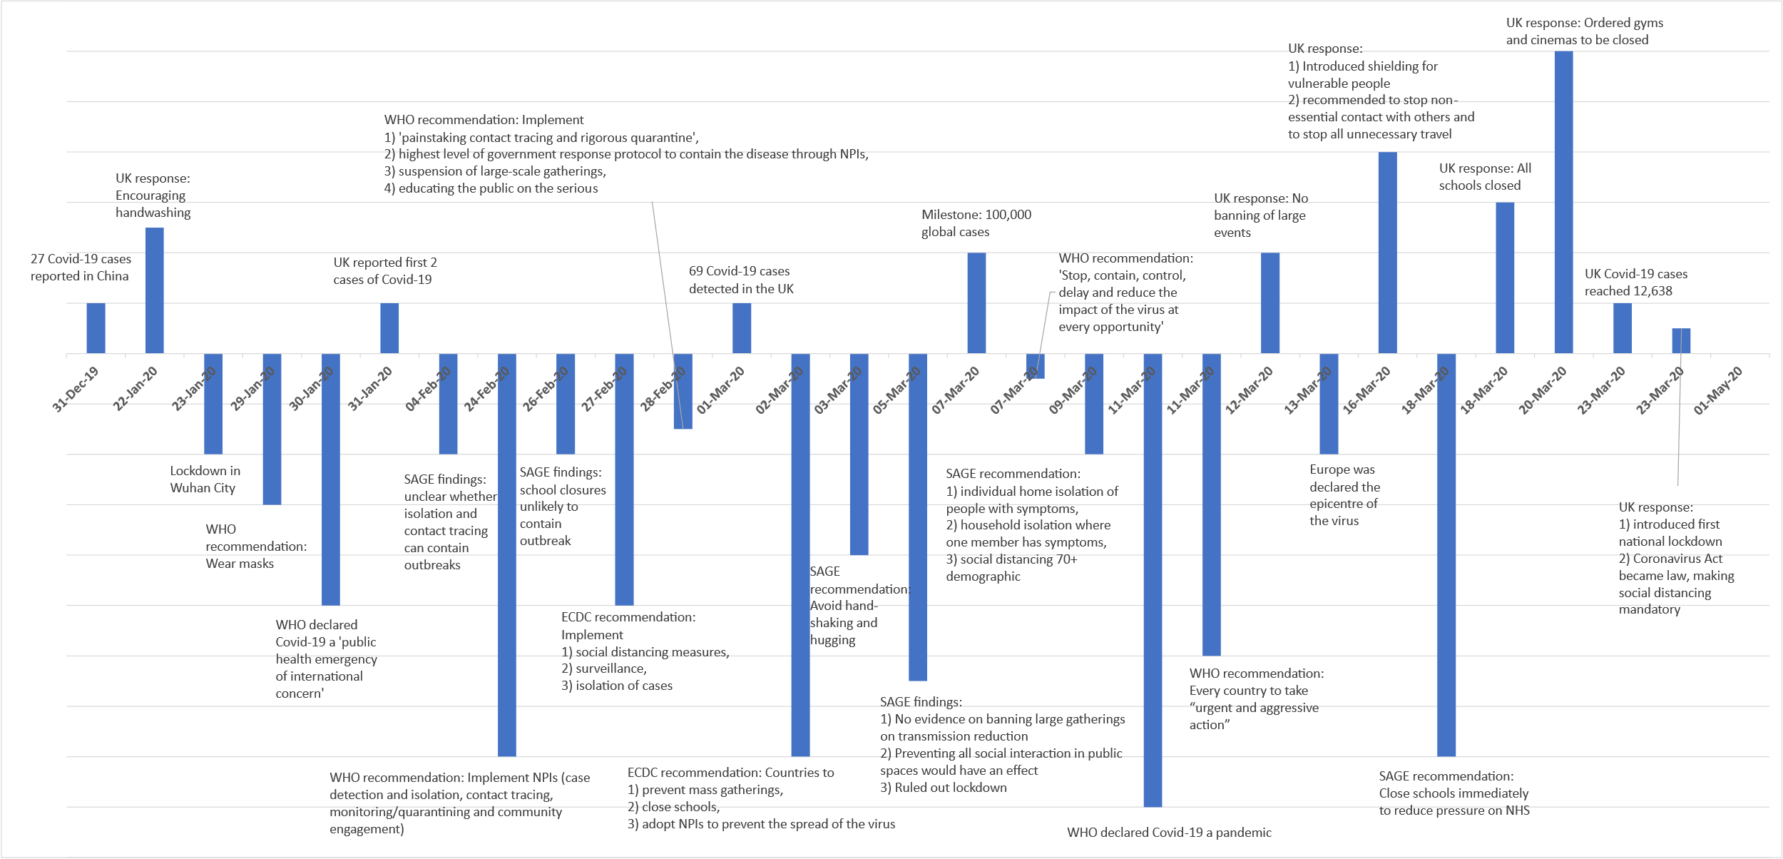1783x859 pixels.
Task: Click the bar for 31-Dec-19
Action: [96, 328]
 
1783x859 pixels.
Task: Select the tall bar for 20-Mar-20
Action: [1563, 202]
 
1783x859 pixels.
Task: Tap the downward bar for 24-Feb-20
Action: [506, 555]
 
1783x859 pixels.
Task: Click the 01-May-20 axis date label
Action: [1718, 390]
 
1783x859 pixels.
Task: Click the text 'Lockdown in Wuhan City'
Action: [205, 479]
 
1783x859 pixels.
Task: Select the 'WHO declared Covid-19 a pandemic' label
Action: [1169, 833]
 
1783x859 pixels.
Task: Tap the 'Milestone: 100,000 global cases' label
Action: [976, 223]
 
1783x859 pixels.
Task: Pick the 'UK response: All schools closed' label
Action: [1484, 177]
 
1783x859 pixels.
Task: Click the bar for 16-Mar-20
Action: [1387, 253]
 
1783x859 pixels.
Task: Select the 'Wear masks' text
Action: [240, 564]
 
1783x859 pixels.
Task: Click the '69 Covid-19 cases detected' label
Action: [740, 280]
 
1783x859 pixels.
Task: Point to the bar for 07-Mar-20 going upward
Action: [976, 303]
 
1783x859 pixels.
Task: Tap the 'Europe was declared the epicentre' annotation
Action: [1344, 495]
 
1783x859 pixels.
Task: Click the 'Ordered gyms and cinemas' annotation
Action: [1583, 31]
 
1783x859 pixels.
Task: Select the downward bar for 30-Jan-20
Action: [330, 479]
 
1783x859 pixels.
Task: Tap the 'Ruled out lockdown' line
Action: [943, 788]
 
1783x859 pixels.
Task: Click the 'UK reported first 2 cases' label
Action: [384, 271]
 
